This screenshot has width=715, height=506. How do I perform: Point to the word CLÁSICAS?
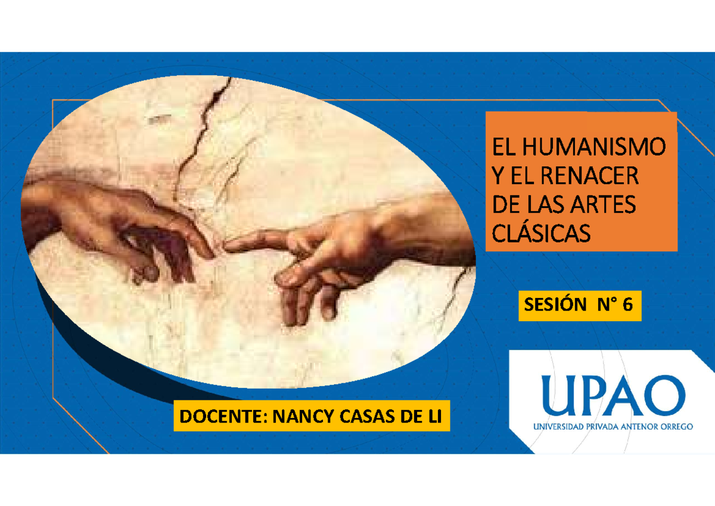(x=540, y=233)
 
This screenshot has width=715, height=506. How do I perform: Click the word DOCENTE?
(x=221, y=416)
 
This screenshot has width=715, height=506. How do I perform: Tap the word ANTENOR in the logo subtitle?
(x=631, y=427)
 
